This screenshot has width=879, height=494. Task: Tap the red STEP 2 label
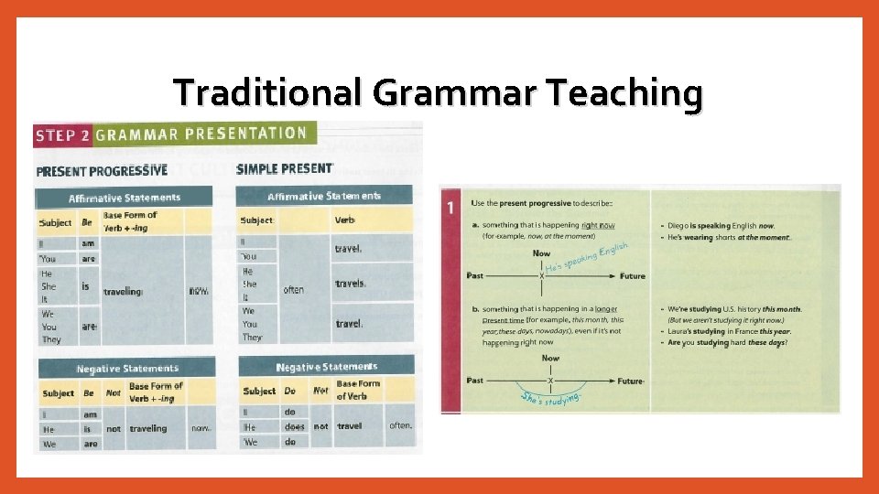click(x=62, y=135)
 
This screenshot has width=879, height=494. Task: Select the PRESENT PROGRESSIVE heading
click(x=102, y=170)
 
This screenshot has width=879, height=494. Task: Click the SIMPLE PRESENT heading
click(x=285, y=169)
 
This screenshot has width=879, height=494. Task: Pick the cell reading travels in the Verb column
click(x=349, y=285)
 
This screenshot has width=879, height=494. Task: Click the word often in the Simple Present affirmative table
click(x=293, y=290)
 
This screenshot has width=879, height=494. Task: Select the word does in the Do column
click(x=294, y=426)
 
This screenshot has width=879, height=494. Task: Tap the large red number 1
click(x=450, y=208)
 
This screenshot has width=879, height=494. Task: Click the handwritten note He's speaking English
click(x=586, y=257)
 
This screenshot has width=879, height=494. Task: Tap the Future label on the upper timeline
click(x=632, y=275)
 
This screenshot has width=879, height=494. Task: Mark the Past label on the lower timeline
click(x=474, y=381)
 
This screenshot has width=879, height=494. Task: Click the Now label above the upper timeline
click(x=541, y=253)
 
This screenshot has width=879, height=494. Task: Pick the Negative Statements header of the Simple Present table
click(x=326, y=366)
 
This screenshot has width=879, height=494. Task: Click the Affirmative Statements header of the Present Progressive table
click(x=125, y=198)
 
